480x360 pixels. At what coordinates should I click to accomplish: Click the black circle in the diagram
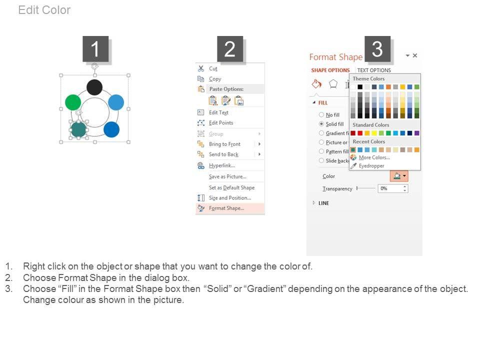[94, 87]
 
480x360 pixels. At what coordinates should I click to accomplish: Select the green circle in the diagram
[73, 102]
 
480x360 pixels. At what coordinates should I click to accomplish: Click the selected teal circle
[78, 129]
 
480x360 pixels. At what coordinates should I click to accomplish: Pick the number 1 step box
[95, 49]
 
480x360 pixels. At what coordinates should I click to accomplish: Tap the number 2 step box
[230, 49]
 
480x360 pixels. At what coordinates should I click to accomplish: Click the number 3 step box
[377, 49]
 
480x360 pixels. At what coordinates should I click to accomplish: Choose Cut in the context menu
[213, 69]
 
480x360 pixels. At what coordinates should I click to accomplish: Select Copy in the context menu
[215, 79]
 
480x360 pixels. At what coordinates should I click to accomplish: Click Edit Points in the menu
[221, 123]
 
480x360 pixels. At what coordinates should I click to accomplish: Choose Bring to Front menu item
[224, 144]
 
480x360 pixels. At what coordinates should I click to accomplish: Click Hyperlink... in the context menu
[222, 165]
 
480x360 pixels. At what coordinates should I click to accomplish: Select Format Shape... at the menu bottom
[226, 208]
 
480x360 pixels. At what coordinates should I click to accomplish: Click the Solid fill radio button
[321, 124]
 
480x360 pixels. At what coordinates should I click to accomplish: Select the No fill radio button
[321, 115]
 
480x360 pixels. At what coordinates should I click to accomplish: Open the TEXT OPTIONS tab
[374, 70]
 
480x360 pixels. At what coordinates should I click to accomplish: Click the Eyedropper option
[371, 166]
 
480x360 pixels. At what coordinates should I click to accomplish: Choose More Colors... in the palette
[374, 157]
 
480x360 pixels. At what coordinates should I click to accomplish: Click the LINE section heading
[323, 203]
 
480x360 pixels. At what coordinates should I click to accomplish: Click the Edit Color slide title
[44, 10]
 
